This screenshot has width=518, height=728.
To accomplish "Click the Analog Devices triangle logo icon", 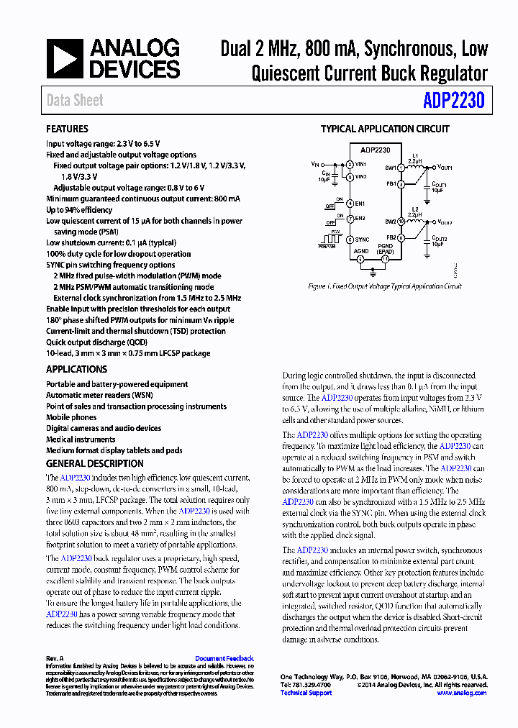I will click(x=64, y=59).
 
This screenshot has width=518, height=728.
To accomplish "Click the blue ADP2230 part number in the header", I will click(x=453, y=101).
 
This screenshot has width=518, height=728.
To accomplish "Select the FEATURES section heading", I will click(x=67, y=129).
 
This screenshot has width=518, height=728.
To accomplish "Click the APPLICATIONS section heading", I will click(x=76, y=369).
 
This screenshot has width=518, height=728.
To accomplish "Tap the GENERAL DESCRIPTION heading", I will click(x=94, y=463).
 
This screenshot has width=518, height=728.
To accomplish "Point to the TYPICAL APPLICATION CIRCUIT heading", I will click(x=385, y=129).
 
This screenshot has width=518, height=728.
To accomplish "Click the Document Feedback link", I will click(x=224, y=658).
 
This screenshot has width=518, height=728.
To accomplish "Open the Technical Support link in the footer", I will click(x=306, y=693).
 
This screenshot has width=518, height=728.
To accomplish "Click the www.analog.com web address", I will click(x=462, y=693).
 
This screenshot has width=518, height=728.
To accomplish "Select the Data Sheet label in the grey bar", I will click(x=75, y=101).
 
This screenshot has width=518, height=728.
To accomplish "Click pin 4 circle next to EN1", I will click(x=350, y=204).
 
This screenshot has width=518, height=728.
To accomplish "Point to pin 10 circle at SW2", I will click(x=401, y=222).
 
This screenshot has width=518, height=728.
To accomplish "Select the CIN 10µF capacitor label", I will click(x=326, y=176).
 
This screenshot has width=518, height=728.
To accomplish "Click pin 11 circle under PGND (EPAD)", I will click(x=386, y=258).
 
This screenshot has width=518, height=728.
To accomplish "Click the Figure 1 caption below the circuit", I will click(x=384, y=286).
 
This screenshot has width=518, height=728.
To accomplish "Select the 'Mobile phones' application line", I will click(x=71, y=417).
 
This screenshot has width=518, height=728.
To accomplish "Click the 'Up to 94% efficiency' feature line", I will click(x=79, y=210).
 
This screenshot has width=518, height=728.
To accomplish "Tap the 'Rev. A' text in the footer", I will click(x=55, y=658).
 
